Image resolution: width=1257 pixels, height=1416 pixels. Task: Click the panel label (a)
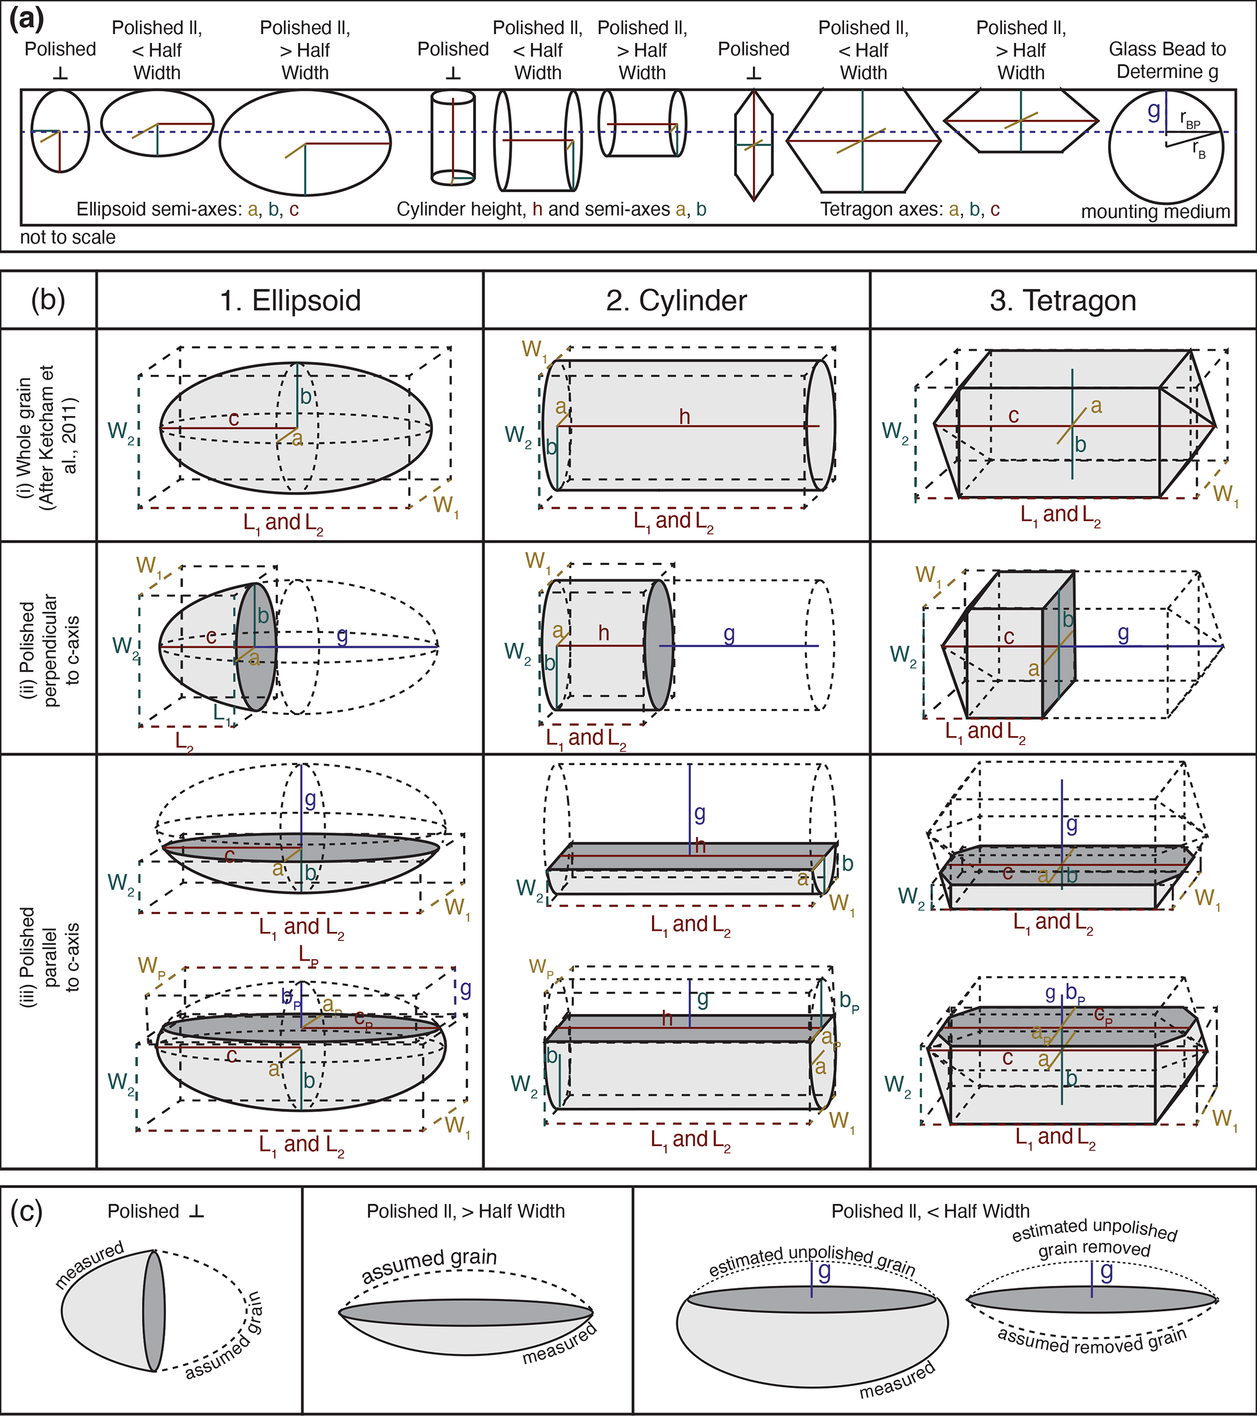tap(26, 19)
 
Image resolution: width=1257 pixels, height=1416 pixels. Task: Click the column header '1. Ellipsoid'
tap(290, 300)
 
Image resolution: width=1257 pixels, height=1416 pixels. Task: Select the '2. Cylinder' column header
tap(676, 300)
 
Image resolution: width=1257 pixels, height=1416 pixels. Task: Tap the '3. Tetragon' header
tap(1062, 300)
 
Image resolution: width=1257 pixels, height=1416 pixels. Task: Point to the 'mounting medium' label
tap(1155, 212)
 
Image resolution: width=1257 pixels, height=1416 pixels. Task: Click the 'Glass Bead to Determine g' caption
tap(1167, 60)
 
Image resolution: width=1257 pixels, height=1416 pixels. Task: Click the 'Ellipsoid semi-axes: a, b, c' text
tap(188, 209)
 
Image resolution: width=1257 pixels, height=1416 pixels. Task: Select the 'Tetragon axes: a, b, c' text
tap(910, 209)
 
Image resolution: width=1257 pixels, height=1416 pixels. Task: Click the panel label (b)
tap(48, 300)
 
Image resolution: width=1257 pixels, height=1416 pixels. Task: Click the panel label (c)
tap(26, 1212)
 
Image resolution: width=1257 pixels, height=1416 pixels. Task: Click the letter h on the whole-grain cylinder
tap(684, 417)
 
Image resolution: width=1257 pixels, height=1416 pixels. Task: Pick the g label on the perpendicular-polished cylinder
tap(729, 633)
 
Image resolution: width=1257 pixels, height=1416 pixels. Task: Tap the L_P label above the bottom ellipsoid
tap(309, 956)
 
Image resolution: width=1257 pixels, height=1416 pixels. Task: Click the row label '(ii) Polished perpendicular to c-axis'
tap(49, 647)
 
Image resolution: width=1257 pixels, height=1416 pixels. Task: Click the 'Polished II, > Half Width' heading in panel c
tap(465, 1211)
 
